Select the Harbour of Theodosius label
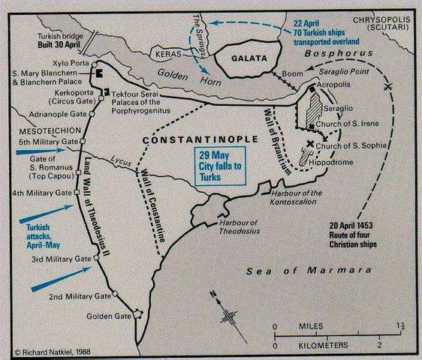click(x=241, y=227)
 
